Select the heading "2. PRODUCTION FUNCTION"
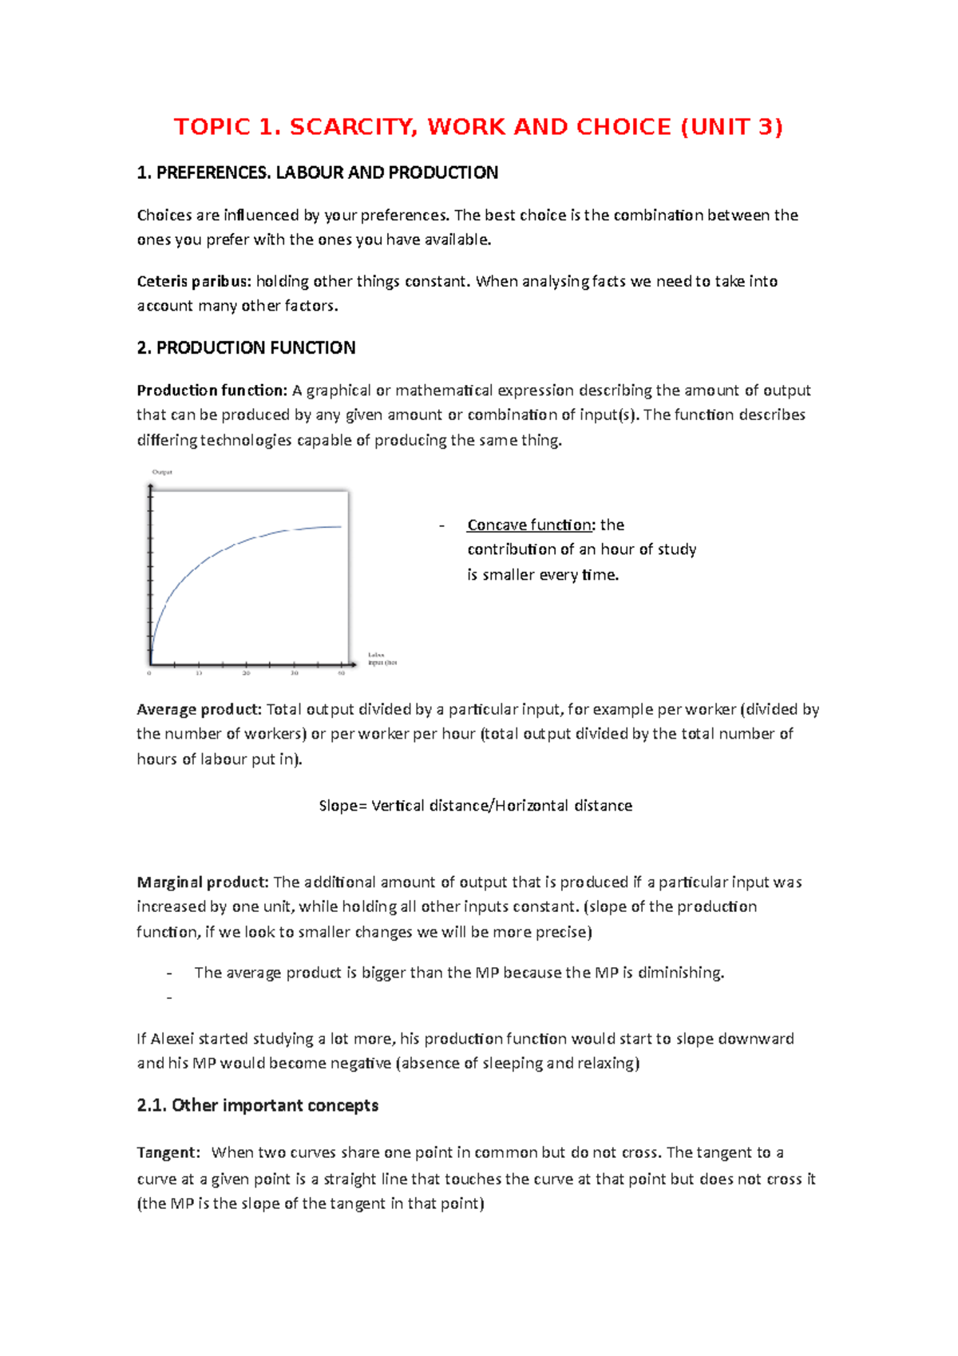click(246, 348)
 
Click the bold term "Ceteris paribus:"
click(194, 281)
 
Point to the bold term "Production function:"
click(212, 391)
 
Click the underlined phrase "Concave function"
click(529, 525)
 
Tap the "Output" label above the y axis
click(162, 472)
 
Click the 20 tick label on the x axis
click(247, 674)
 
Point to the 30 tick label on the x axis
click(295, 674)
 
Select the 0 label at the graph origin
click(149, 674)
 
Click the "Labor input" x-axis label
click(381, 659)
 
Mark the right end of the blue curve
click(341, 526)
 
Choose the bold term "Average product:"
click(199, 709)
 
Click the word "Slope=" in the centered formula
click(342, 806)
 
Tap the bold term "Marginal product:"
click(203, 882)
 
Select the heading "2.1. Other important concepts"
click(257, 1105)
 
